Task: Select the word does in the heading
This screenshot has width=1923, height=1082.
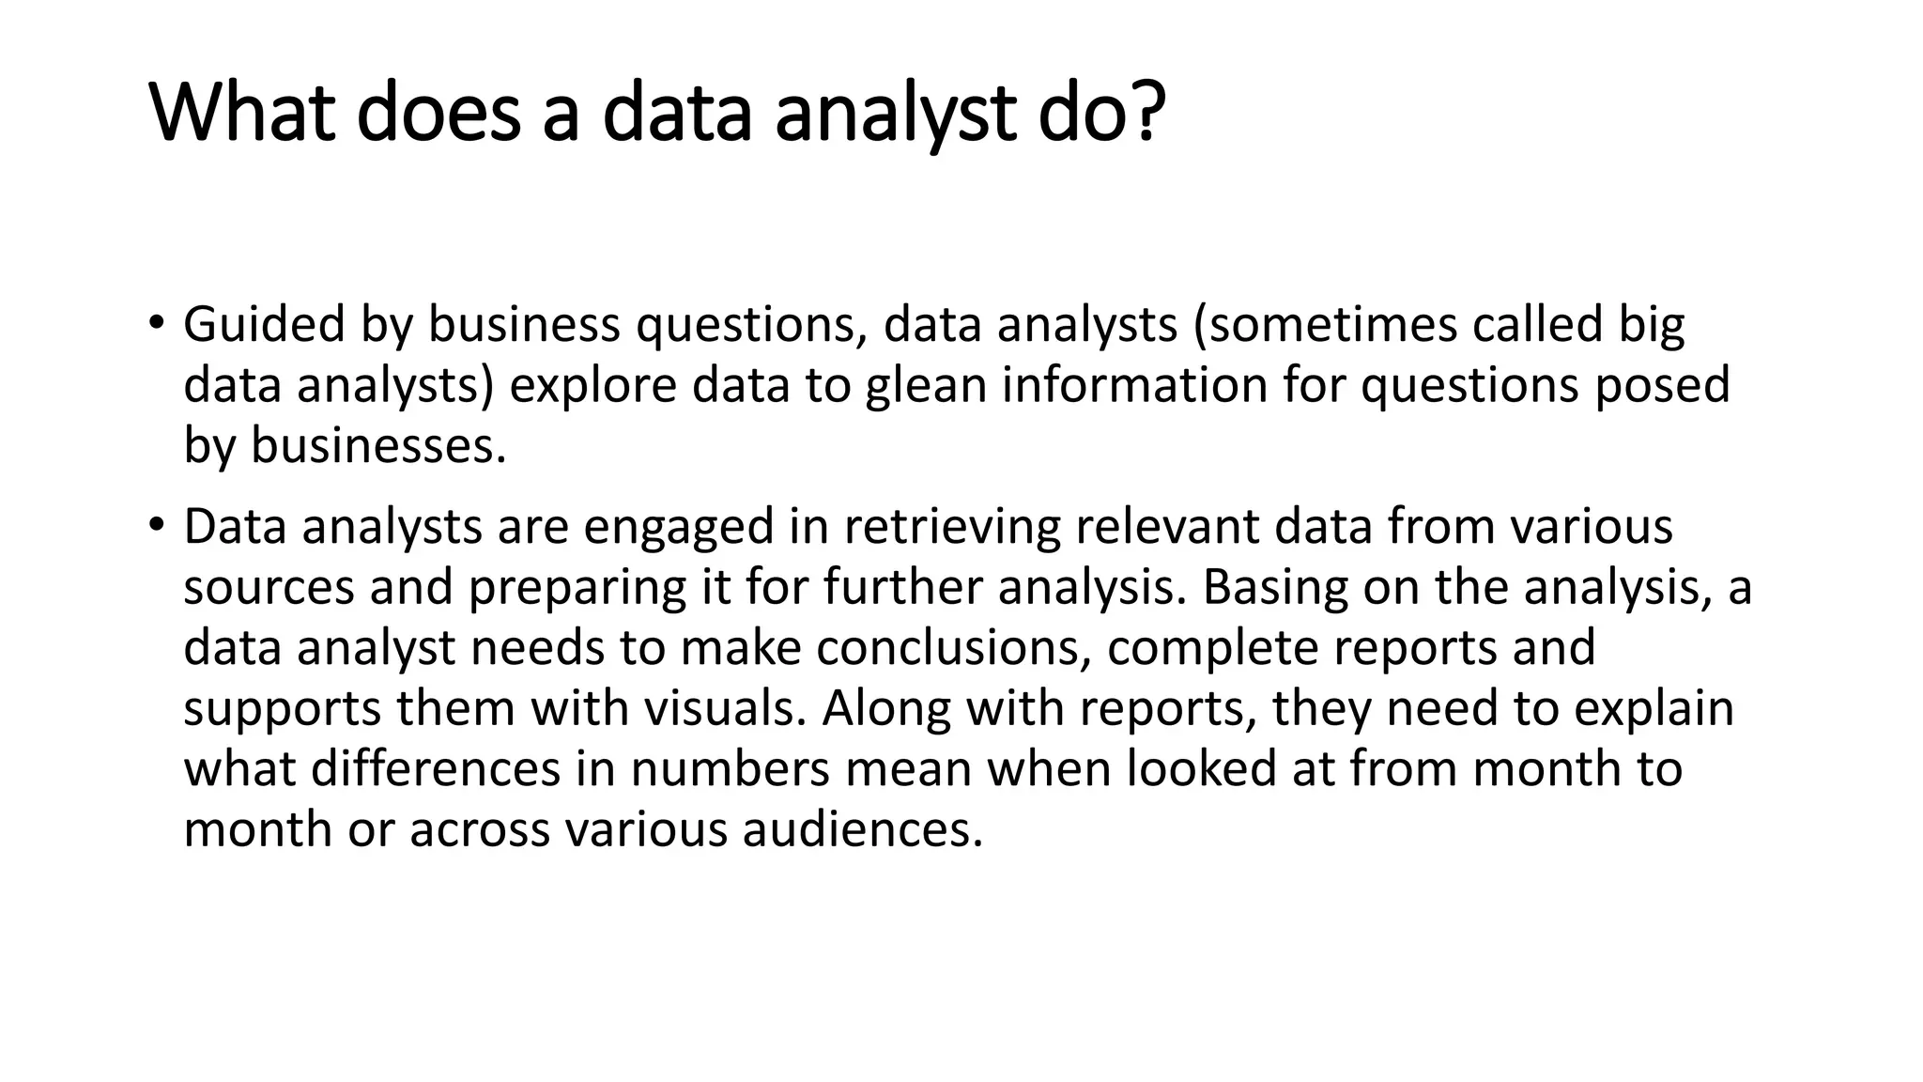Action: (x=438, y=113)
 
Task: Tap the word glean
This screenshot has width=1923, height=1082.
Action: (x=925, y=386)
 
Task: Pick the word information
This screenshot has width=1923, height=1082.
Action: (x=1134, y=385)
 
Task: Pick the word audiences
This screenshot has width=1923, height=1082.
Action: (x=862, y=829)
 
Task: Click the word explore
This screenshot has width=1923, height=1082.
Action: (x=592, y=386)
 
